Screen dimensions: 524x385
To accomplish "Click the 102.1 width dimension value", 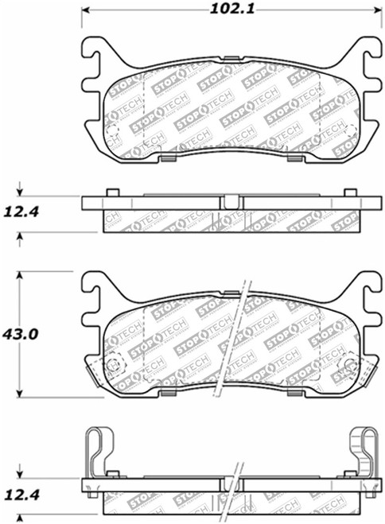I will (x=225, y=11).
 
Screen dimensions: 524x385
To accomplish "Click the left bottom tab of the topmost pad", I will (x=168, y=157).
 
